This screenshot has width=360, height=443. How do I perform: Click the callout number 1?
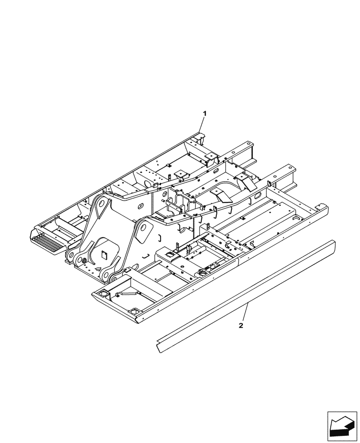coord(204,114)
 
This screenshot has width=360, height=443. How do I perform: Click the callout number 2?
coord(241,326)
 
